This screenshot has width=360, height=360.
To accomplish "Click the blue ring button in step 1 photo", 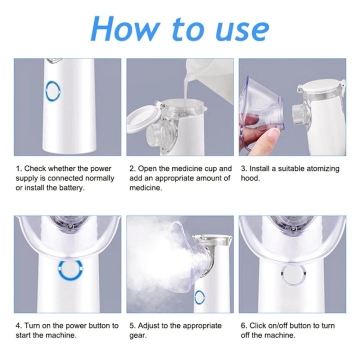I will point(53,91).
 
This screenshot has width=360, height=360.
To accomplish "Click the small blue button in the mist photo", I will point(199,296).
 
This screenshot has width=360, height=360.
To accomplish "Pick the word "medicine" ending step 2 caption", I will point(147,188).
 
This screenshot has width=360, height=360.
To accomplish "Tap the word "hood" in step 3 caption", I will point(250,178).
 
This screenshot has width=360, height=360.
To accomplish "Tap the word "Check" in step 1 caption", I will point(36,168).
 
